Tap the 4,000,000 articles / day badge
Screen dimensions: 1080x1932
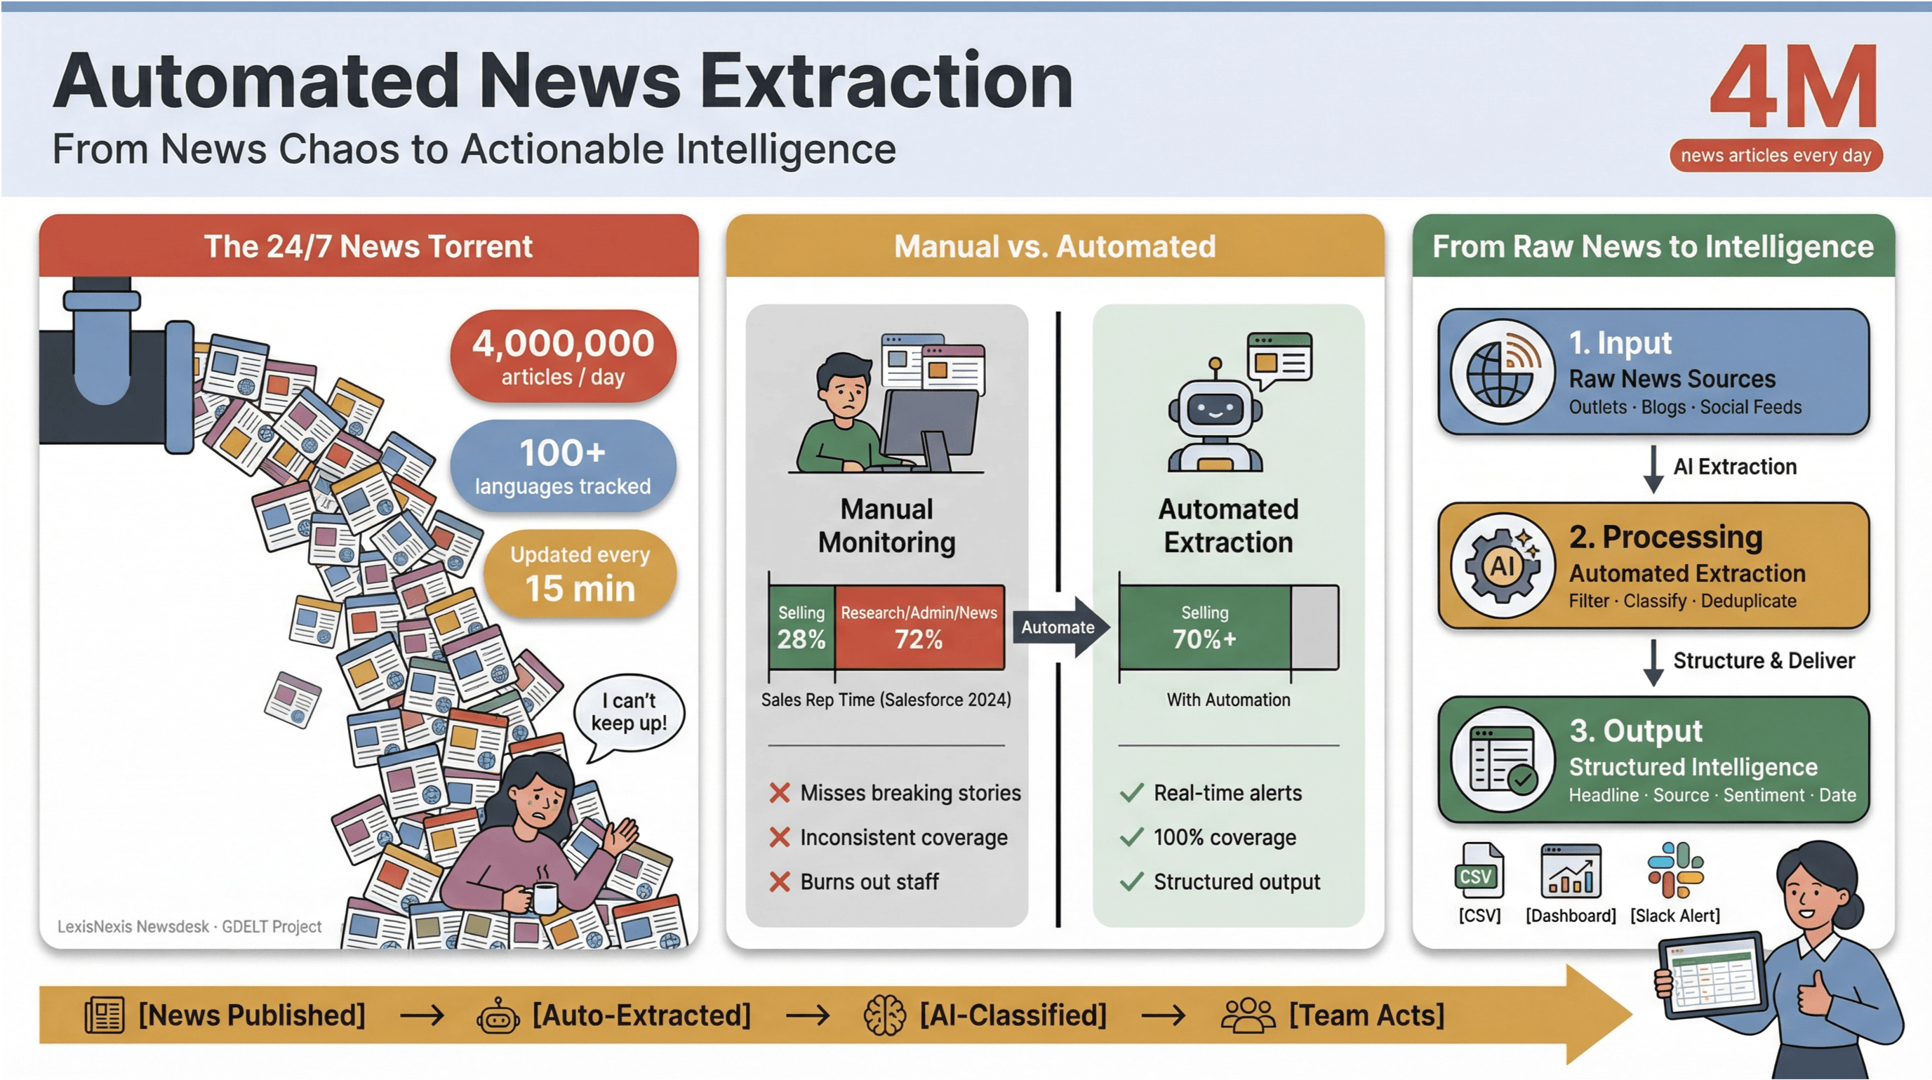click(x=563, y=356)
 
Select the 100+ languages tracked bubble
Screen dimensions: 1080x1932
click(x=563, y=466)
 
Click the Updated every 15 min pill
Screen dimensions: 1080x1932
click(x=580, y=575)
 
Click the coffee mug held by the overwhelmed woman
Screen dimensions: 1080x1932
click(x=545, y=896)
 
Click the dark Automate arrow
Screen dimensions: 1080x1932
click(x=1060, y=627)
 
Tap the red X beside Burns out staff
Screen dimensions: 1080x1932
click(x=779, y=882)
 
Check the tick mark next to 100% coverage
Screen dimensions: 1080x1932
click(x=1131, y=837)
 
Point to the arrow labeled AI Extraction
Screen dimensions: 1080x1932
click(x=1653, y=469)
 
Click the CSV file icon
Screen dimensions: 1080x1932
click(x=1478, y=872)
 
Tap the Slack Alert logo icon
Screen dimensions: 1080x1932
click(x=1674, y=870)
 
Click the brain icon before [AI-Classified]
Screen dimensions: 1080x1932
click(x=884, y=1015)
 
